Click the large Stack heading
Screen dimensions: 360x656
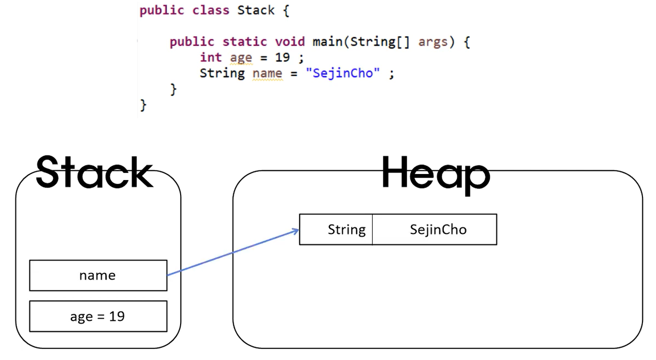(94, 172)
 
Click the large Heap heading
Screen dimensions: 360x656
(435, 174)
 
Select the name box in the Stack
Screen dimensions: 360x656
(98, 275)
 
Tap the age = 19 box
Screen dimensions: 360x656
(98, 316)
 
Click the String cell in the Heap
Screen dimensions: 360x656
(346, 229)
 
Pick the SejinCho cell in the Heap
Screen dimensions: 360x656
(438, 229)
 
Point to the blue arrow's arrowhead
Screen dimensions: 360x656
(295, 230)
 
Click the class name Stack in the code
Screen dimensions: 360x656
(256, 10)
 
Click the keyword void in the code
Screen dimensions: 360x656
(290, 41)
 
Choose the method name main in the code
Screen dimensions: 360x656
(327, 41)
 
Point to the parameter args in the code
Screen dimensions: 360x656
(433, 41)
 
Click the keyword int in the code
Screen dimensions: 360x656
(211, 57)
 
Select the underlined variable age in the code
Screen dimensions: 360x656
(241, 57)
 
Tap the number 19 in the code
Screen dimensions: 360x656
(282, 57)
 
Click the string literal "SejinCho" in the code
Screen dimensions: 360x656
(343, 73)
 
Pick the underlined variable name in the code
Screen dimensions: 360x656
(267, 73)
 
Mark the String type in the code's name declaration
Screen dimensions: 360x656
(222, 73)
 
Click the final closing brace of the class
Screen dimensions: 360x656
(143, 105)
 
